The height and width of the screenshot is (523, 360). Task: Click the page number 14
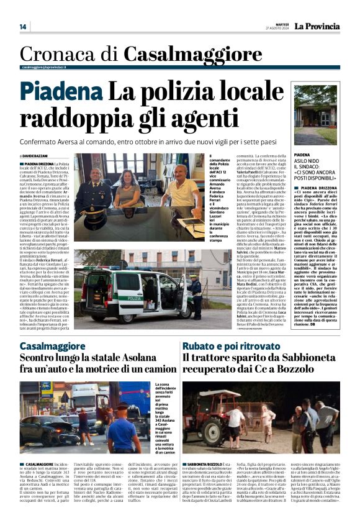23,27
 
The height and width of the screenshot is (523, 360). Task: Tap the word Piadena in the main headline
60,93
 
